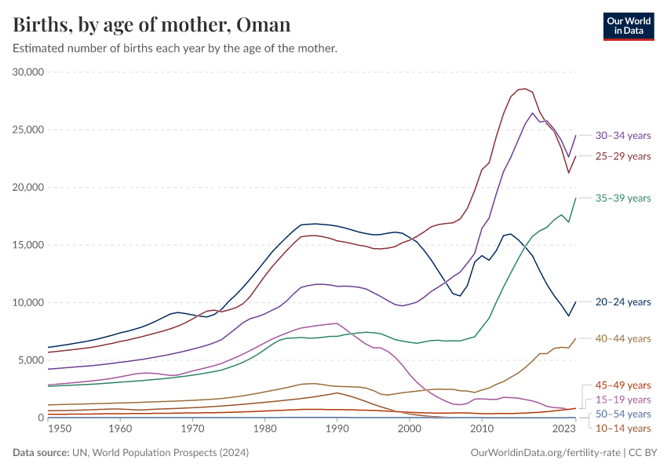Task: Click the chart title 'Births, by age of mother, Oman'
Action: tap(152, 25)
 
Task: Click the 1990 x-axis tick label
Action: tap(337, 429)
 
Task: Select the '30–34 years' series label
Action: tap(623, 135)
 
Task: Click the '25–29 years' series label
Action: tap(623, 156)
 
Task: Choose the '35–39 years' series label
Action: tap(623, 198)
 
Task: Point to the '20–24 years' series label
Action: tap(623, 302)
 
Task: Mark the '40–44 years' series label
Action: tap(623, 338)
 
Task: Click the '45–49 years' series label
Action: tap(623, 385)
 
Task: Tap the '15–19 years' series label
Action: tap(623, 400)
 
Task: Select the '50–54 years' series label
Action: tap(623, 414)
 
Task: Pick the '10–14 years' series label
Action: tap(623, 428)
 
